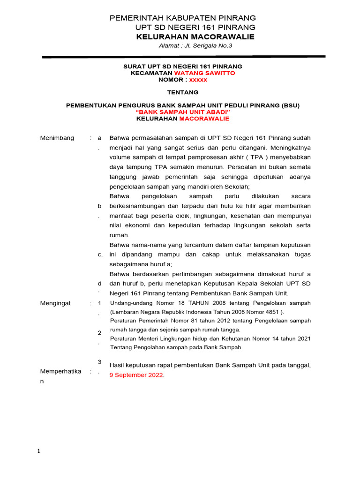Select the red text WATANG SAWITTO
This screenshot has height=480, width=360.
tap(204, 73)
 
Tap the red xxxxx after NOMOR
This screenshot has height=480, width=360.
tap(198, 80)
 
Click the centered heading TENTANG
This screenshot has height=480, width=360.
tap(183, 92)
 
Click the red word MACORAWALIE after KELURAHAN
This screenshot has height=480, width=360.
tap(204, 119)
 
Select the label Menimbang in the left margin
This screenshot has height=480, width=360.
tap(57, 138)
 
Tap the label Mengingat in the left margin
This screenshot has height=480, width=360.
tap(56, 303)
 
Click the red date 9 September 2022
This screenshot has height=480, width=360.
tap(136, 375)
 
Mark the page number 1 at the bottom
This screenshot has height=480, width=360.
tap(39, 451)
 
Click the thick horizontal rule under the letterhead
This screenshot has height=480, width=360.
tap(183, 57)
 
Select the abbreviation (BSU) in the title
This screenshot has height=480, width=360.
tap(291, 105)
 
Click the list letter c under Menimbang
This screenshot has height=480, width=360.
tap(100, 255)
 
